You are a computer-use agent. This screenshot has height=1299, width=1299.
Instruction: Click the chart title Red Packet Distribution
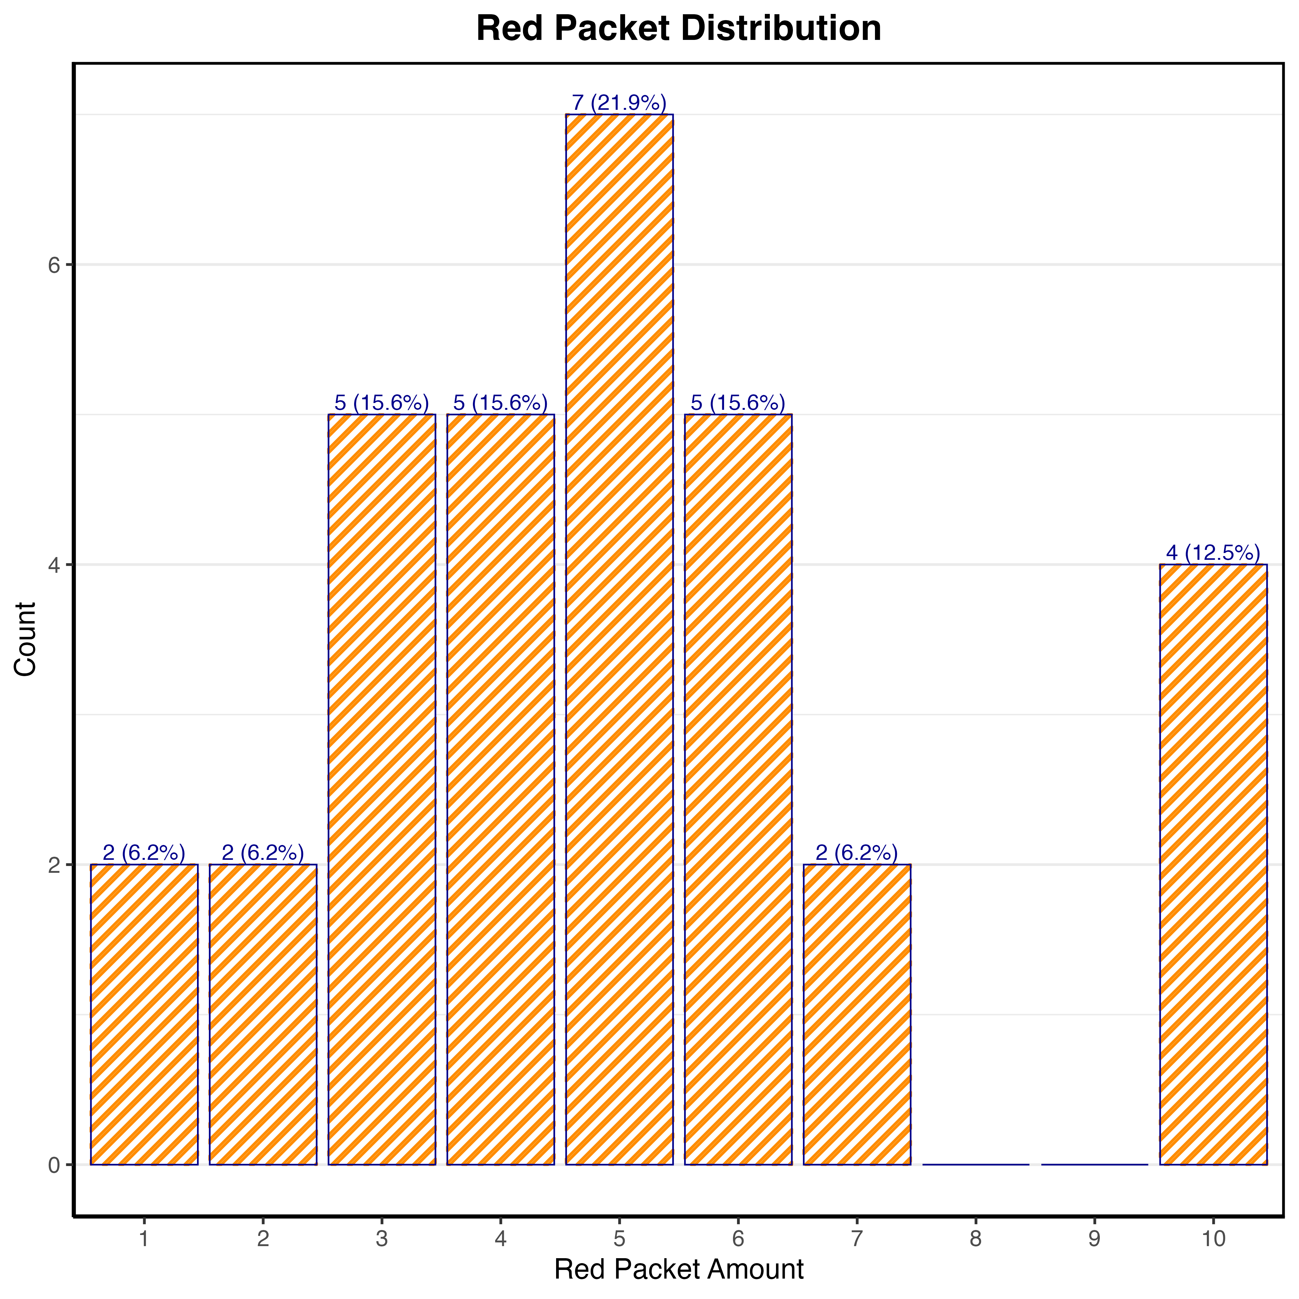(x=678, y=29)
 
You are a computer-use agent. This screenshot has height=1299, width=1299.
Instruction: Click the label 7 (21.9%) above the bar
(x=619, y=103)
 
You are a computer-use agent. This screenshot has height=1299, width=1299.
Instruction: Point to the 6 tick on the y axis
(x=54, y=265)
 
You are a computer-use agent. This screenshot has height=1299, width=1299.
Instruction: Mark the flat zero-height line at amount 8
(x=975, y=1164)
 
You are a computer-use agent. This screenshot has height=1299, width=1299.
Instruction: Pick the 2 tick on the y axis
(x=54, y=865)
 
